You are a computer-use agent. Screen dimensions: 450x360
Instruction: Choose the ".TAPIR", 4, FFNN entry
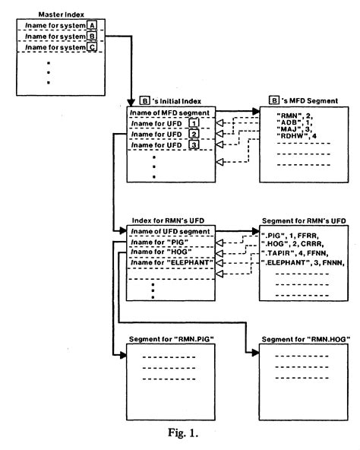(295, 251)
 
